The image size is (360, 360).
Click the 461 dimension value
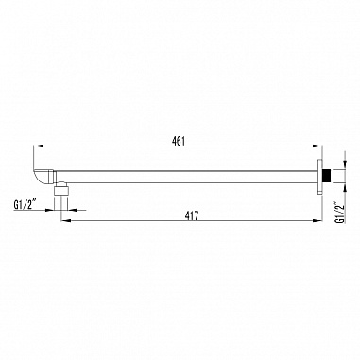point(179,141)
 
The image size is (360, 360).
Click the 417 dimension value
point(192,215)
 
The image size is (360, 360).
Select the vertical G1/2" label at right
point(340,212)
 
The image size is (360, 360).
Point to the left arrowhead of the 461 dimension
point(38,146)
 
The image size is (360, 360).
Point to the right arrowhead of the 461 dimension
point(318,146)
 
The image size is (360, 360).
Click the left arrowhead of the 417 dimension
point(65,220)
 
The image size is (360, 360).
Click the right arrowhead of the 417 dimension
point(318,220)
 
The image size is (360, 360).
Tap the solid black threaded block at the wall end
point(327,177)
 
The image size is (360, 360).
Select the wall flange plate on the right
point(320,177)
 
